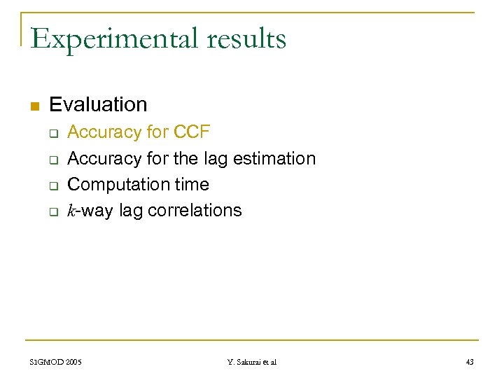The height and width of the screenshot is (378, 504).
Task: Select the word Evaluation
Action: click(98, 105)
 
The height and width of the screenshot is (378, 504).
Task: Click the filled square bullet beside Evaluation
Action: click(33, 106)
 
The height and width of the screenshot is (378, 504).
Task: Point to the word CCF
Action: click(191, 132)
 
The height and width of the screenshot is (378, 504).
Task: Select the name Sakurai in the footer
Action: click(250, 362)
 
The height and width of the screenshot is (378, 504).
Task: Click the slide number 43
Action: click(469, 362)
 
